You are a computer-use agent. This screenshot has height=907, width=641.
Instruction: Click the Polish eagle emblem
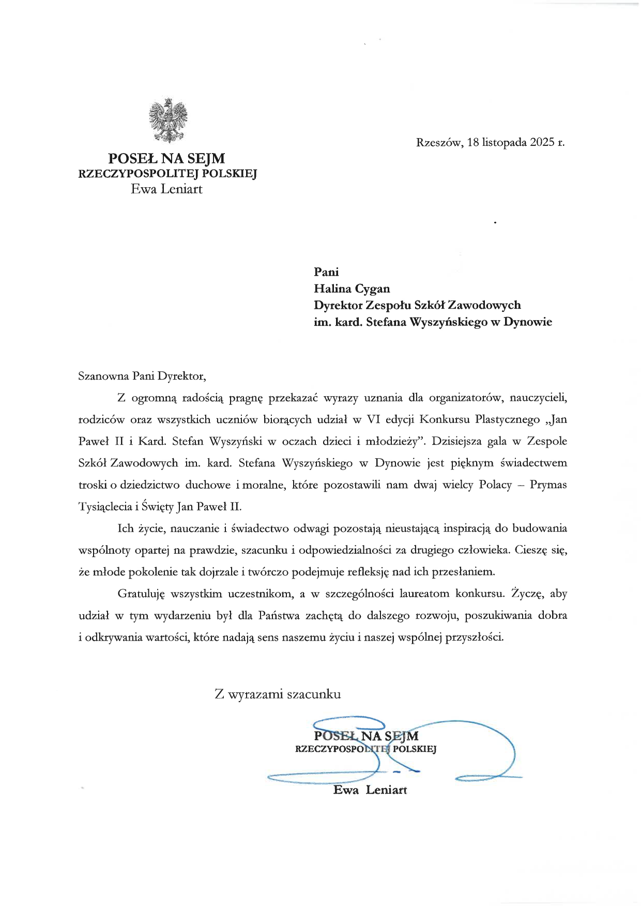(167, 120)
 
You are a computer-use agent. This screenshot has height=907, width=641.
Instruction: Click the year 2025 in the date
(541, 142)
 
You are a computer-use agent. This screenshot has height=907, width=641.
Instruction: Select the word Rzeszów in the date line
(439, 142)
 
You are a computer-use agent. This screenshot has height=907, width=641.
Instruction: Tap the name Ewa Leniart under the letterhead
(166, 189)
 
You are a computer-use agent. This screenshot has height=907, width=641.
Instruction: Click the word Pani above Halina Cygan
(326, 272)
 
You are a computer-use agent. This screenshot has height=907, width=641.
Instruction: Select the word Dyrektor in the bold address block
(338, 306)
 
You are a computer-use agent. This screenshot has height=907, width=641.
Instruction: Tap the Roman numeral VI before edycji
(373, 419)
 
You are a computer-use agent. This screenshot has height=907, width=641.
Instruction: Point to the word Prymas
(549, 485)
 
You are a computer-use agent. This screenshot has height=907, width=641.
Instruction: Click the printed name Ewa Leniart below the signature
(370, 790)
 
